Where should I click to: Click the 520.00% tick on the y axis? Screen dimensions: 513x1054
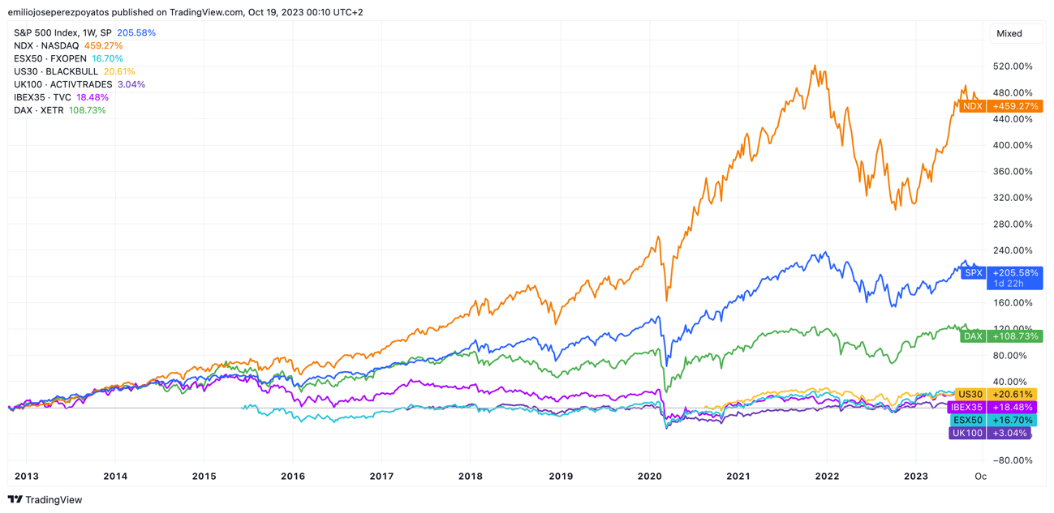[x=1013, y=66]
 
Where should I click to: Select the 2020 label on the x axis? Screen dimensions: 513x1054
[x=649, y=477]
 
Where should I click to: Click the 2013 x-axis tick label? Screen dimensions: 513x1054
[x=26, y=477]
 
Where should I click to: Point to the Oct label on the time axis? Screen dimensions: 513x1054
[x=980, y=477]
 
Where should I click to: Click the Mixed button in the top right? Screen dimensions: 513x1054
[x=1009, y=33]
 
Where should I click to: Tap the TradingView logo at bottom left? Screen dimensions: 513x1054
[x=45, y=500]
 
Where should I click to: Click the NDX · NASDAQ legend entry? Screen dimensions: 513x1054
[x=46, y=45]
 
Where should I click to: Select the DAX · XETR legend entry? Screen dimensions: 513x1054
[x=38, y=110]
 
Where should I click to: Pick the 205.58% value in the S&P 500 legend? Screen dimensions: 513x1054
[x=136, y=32]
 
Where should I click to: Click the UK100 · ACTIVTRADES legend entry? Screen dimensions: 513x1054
[x=62, y=84]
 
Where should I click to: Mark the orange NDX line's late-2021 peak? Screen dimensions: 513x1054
[x=814, y=66]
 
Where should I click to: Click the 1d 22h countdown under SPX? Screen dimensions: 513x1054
[x=1008, y=284]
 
